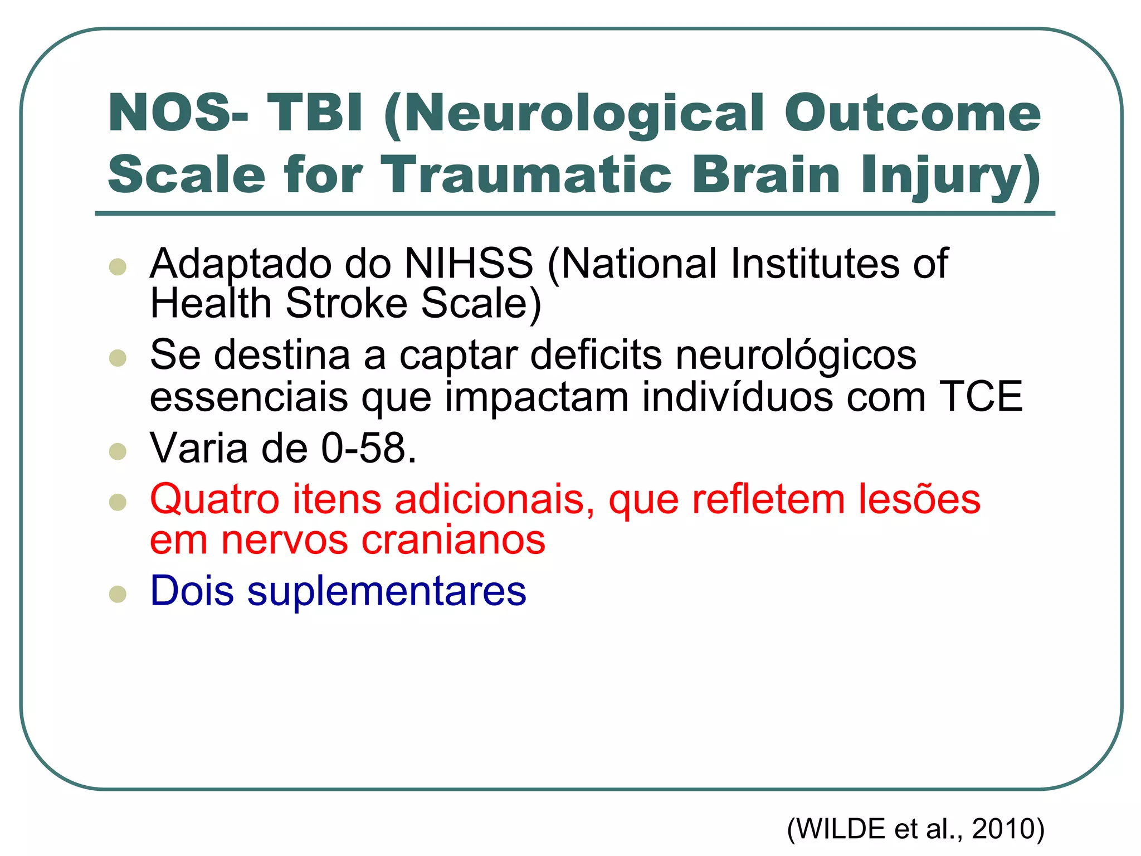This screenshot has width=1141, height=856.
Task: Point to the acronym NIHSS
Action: [469, 263]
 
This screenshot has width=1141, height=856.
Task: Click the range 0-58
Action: [368, 448]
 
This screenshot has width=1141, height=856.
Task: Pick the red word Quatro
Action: [214, 499]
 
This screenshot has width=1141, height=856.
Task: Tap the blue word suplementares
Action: [387, 591]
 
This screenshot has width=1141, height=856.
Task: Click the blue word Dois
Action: [192, 591]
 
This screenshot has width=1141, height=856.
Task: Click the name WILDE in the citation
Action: [842, 829]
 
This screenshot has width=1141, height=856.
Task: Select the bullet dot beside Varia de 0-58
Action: [118, 451]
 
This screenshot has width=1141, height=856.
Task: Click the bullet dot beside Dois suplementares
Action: [118, 594]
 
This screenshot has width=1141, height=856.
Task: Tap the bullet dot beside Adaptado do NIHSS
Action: [118, 267]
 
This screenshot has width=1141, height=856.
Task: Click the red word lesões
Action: [919, 499]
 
